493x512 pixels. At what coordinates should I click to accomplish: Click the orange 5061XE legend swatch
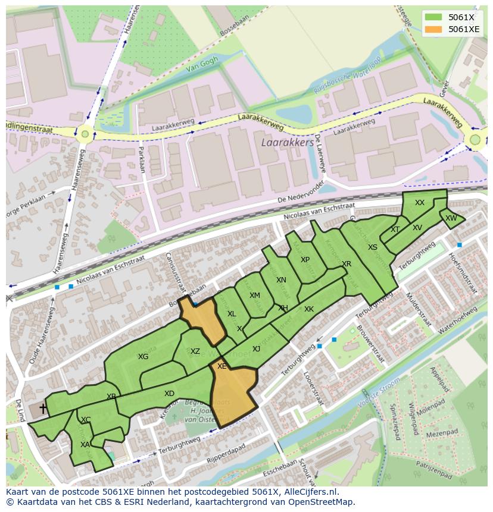click(x=433, y=29)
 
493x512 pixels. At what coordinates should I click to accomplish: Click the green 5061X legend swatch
click(x=433, y=17)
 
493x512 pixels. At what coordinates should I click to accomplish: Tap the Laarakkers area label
click(x=287, y=143)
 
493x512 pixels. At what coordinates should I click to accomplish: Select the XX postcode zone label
click(x=420, y=203)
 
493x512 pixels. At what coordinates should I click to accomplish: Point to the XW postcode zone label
click(x=451, y=218)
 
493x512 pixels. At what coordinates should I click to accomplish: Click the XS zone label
click(x=372, y=247)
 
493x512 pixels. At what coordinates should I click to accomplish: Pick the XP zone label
click(x=305, y=260)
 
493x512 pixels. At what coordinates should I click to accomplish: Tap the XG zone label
click(x=143, y=357)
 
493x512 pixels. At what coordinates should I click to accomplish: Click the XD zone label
click(x=169, y=394)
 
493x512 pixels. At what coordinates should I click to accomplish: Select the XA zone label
click(x=85, y=444)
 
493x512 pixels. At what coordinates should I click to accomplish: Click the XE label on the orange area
click(x=221, y=366)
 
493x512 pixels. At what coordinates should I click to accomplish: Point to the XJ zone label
click(x=256, y=349)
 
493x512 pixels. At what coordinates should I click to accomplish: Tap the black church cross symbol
click(x=43, y=409)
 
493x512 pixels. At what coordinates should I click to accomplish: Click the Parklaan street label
click(x=142, y=159)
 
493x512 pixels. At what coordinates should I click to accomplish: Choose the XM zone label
click(x=254, y=296)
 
